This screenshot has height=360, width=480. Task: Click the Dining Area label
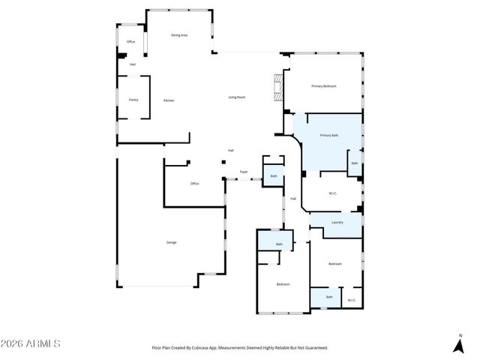click(x=178, y=35)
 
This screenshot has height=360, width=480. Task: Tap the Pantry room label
click(x=133, y=100)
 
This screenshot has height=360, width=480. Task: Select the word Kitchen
click(x=169, y=100)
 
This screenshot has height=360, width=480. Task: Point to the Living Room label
click(x=237, y=97)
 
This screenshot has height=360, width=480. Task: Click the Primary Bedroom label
click(x=324, y=86)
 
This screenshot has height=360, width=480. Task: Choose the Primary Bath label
click(x=329, y=135)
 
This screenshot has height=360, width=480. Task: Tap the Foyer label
click(x=244, y=172)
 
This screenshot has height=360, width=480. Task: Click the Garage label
click(x=172, y=242)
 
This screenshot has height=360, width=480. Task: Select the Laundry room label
click(x=337, y=222)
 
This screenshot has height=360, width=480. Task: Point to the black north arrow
click(x=458, y=345)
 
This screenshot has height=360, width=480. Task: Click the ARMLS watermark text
click(x=31, y=343)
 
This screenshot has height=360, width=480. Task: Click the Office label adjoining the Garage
click(x=194, y=184)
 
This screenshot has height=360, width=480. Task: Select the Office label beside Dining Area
click(x=130, y=42)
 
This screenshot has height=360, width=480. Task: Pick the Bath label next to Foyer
click(x=274, y=176)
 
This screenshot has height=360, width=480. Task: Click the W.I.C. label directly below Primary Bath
click(x=333, y=193)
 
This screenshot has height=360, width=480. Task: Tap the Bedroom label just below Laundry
click(x=335, y=264)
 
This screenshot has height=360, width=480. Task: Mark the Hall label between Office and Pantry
click(x=133, y=64)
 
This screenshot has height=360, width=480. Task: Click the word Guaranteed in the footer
click(x=315, y=348)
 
